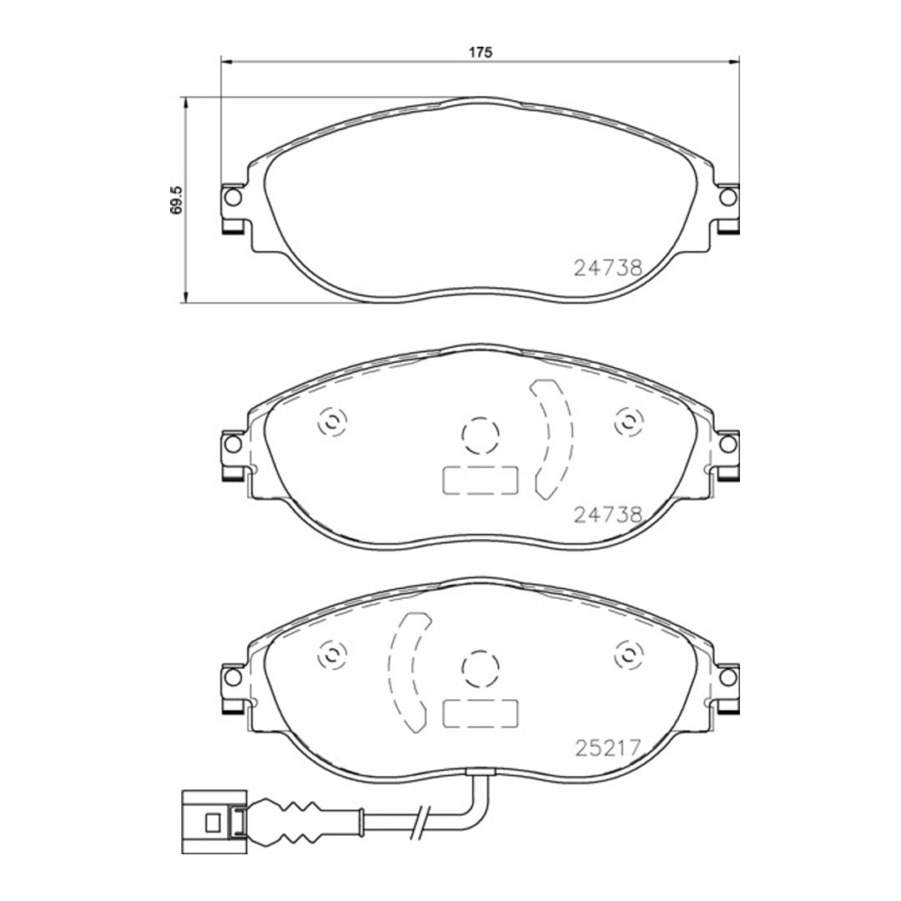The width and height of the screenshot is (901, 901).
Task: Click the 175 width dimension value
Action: click(x=481, y=53)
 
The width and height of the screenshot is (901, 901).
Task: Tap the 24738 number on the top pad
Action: click(x=608, y=267)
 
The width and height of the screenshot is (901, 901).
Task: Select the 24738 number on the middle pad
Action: click(x=608, y=514)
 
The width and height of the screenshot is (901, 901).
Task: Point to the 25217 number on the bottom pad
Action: click(x=608, y=748)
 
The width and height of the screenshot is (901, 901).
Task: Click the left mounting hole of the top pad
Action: click(x=233, y=197)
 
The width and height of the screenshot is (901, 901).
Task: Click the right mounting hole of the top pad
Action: click(x=728, y=197)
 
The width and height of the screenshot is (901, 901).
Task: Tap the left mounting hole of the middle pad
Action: click(x=233, y=444)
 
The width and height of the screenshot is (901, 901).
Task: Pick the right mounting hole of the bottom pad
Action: click(x=728, y=677)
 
